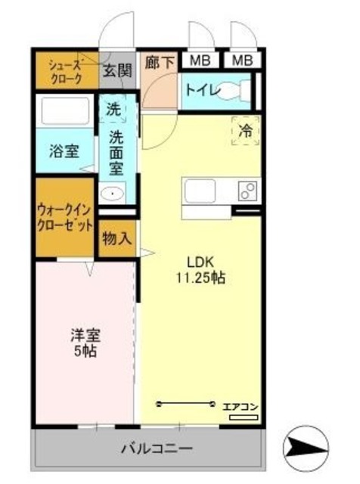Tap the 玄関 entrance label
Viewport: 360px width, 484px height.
point(117,73)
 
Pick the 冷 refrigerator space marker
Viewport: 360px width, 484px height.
point(246,130)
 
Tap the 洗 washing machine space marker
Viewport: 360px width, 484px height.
point(113,108)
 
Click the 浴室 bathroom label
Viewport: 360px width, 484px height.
point(63,149)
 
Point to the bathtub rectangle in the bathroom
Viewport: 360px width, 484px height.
point(65,112)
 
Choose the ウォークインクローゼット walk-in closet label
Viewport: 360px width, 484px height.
point(65,217)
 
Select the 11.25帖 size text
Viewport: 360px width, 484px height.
point(200,278)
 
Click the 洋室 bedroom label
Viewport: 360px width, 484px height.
point(85,336)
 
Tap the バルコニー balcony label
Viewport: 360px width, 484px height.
point(157,448)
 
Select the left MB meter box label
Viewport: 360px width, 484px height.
point(200,60)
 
